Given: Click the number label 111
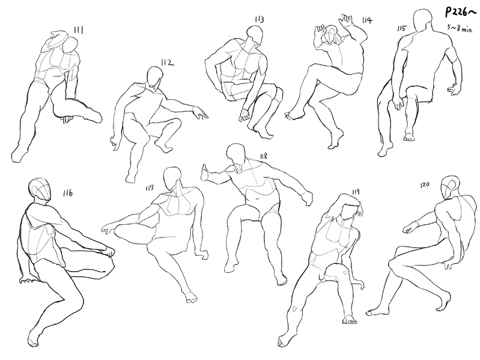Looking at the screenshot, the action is [x=79, y=30].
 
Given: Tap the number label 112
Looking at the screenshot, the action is [x=168, y=63].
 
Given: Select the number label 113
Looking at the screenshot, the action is [x=260, y=20].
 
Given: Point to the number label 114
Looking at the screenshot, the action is [x=367, y=20].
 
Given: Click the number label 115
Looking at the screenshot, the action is [x=402, y=28].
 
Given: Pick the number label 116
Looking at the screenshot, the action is [x=68, y=193].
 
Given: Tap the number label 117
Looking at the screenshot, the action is [x=150, y=188].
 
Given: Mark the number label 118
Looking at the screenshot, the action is [x=263, y=156].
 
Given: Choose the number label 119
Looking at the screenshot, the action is [x=356, y=192].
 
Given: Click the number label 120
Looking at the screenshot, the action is [x=425, y=185].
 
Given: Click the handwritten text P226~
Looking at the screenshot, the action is [x=460, y=13].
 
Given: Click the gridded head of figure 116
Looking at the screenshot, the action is [x=40, y=190].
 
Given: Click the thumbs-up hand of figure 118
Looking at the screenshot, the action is [x=205, y=173].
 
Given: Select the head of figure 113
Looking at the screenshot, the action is [x=255, y=36].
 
